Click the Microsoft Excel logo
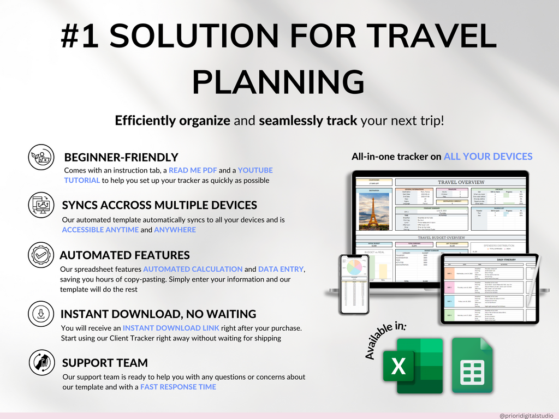click(x=412, y=365)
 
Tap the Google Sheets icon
click(x=472, y=365)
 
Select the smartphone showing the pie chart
click(x=354, y=284)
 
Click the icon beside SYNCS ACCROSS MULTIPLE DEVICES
click(x=41, y=205)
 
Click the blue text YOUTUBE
click(x=255, y=170)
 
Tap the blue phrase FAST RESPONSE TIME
click(x=178, y=387)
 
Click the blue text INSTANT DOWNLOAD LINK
click(x=171, y=328)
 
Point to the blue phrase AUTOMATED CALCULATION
click(x=193, y=269)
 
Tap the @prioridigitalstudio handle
click(x=526, y=415)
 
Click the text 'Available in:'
click(x=385, y=340)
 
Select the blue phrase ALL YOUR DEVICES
click(x=487, y=157)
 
